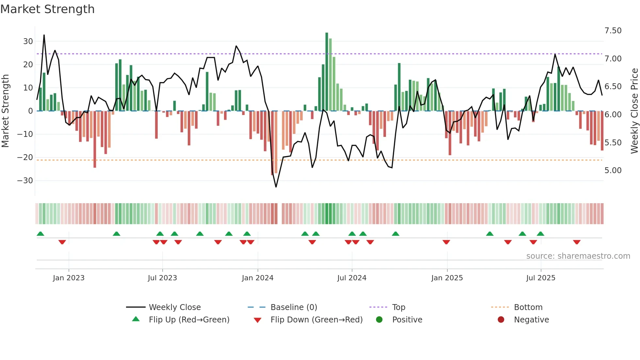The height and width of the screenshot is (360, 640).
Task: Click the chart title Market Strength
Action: (x=47, y=9)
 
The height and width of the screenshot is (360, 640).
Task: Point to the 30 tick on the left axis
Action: (x=28, y=41)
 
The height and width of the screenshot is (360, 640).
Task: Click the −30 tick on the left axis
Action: (x=25, y=181)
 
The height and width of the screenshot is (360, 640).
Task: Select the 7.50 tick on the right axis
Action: (x=613, y=31)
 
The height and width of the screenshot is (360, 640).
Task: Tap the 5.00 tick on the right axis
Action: (x=613, y=171)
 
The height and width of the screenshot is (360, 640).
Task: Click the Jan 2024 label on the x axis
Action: (x=257, y=278)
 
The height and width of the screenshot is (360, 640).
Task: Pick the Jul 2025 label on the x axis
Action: (x=540, y=278)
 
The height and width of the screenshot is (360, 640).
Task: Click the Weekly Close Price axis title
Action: (x=634, y=111)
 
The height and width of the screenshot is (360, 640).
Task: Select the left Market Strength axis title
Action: (x=5, y=111)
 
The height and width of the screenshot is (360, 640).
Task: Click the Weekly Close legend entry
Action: (x=174, y=307)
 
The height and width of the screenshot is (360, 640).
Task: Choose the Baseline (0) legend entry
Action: (x=294, y=307)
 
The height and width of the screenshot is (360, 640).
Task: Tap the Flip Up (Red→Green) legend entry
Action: (x=189, y=320)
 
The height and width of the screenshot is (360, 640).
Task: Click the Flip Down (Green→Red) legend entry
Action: (x=316, y=320)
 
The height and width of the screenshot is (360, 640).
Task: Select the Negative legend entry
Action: (x=531, y=320)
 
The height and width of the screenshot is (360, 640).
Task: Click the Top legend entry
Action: (x=398, y=307)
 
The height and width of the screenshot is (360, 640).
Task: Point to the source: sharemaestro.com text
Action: (x=578, y=256)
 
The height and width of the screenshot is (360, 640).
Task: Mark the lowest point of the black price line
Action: (x=276, y=187)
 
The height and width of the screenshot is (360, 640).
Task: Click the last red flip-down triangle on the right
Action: (x=577, y=242)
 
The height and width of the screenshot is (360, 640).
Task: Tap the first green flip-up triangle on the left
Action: (x=40, y=234)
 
